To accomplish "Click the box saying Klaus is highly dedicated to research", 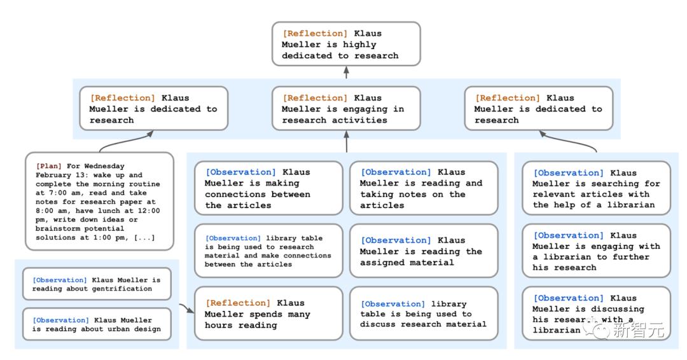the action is [x=346, y=44].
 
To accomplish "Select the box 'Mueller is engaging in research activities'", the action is [x=346, y=109].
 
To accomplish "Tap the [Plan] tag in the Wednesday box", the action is [x=48, y=166].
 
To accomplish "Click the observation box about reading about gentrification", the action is [x=97, y=284].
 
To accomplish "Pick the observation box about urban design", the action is [x=97, y=324].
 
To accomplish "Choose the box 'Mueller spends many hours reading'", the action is [x=268, y=314].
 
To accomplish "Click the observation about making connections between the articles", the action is [x=268, y=188].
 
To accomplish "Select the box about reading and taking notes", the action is [x=424, y=188].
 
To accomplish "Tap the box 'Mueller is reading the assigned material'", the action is [x=424, y=251].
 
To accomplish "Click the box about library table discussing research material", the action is [x=424, y=314].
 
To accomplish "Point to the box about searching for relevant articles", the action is [x=596, y=188].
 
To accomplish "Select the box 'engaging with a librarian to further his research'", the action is [x=596, y=251].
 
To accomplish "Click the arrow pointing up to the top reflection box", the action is [x=346, y=73].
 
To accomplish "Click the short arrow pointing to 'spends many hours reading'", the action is [x=186, y=308].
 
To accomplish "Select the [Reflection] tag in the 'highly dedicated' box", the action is [x=315, y=33].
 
